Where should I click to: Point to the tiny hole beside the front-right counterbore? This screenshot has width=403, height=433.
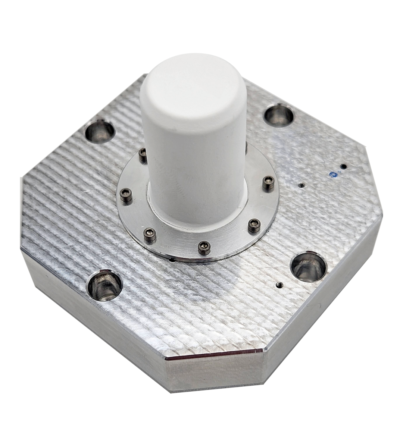point(278,286)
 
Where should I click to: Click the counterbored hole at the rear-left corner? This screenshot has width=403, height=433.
point(100,131)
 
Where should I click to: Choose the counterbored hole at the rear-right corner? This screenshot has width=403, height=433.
point(278,115)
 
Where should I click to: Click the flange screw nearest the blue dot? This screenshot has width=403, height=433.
point(267,182)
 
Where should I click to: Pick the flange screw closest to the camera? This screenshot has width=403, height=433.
point(204,246)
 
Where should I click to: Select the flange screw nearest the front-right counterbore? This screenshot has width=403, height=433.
point(254,225)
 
